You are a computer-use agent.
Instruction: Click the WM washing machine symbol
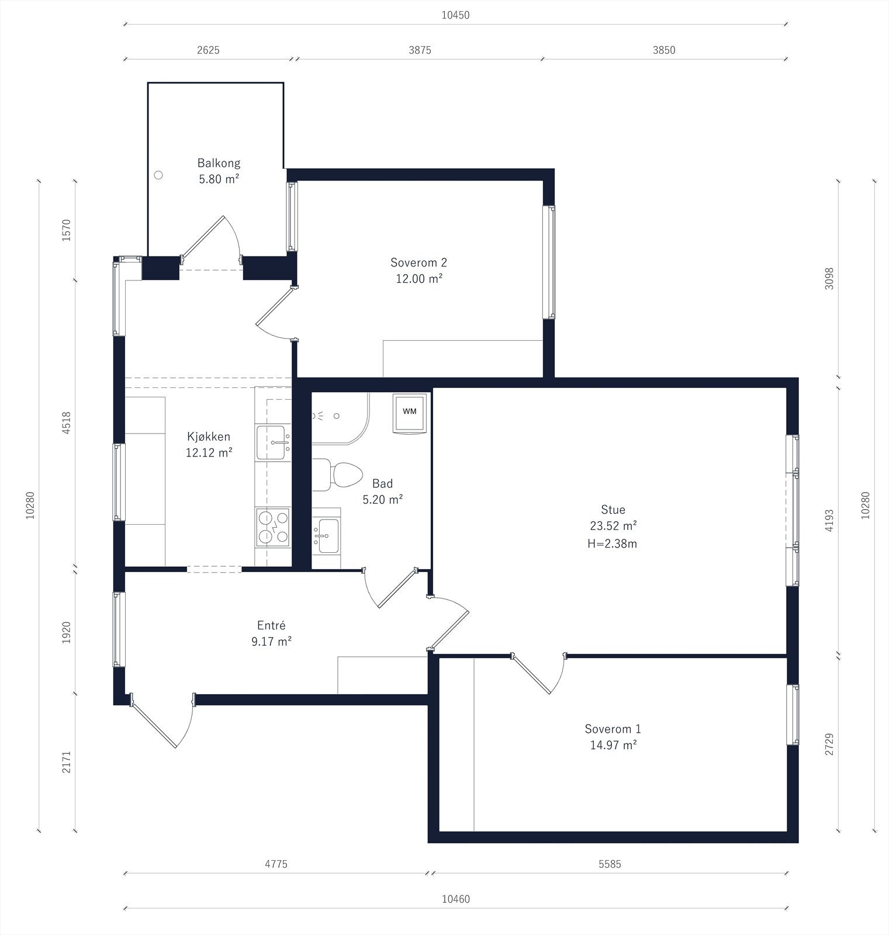pos(410,413)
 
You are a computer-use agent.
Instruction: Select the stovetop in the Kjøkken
pos(272,527)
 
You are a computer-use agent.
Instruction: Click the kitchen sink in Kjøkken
pos(273,442)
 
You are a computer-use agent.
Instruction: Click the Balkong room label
pos(219,163)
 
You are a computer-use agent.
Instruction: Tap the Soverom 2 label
pos(418,262)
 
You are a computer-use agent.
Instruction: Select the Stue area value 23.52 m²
pos(613,525)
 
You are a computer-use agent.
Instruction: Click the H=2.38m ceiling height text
pos(612,543)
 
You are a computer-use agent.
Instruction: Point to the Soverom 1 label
pos(613,729)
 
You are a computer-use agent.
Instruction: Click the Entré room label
pos(271,625)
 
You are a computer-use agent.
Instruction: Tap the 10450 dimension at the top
pos(455,15)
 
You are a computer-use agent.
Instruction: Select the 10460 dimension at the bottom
pos(455,899)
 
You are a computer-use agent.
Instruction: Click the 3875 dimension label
pos(420,50)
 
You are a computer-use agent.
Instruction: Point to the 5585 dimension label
pos(610,864)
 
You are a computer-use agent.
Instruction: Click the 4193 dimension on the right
pos(829,520)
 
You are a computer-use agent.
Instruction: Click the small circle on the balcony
pos(158,175)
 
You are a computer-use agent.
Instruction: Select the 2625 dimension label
pos(208,50)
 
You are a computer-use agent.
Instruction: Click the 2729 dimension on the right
pos(829,744)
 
